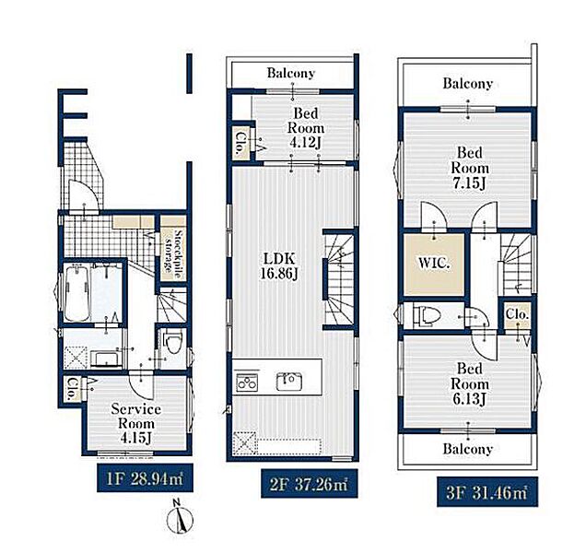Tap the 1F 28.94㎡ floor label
point(145,477)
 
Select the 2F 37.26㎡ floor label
point(309,484)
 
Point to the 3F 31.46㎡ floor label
point(487,491)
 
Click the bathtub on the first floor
point(76,292)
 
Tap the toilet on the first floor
point(172,343)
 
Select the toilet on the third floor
point(427,315)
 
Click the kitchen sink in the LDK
point(289,382)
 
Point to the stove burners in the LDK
point(247,382)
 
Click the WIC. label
point(434,264)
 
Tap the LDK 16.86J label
point(279,265)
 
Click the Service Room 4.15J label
point(136,423)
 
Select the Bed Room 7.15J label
point(469,168)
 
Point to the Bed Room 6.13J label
point(469,384)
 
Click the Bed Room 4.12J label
point(305,127)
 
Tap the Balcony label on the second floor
point(291,73)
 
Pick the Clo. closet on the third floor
point(517,315)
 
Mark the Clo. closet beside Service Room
point(72,389)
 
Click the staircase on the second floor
point(338,279)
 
